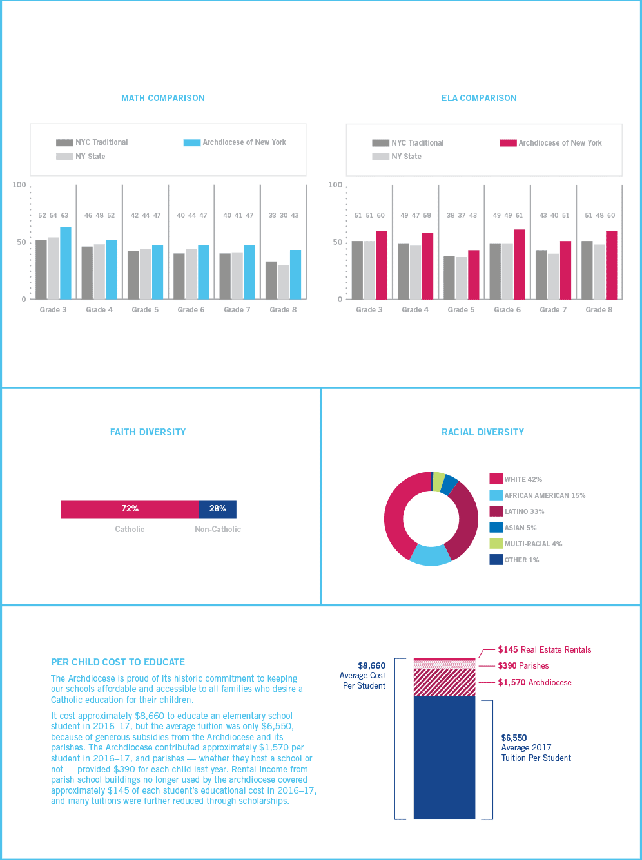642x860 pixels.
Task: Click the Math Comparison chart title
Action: (x=163, y=98)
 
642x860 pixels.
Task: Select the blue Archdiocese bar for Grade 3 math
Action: (x=66, y=263)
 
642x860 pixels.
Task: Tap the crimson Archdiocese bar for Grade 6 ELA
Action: (x=520, y=264)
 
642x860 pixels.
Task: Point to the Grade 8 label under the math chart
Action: (x=283, y=310)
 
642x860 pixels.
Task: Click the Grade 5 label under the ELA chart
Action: (x=461, y=310)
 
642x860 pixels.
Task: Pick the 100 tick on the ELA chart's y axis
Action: (x=335, y=185)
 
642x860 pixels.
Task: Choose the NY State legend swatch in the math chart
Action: (x=64, y=157)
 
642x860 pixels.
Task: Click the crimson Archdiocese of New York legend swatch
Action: (x=508, y=143)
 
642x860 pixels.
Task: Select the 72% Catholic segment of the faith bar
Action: (x=130, y=509)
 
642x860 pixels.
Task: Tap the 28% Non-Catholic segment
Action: (x=218, y=509)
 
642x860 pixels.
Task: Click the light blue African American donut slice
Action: (x=430, y=555)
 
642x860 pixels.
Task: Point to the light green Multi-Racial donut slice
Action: (x=439, y=481)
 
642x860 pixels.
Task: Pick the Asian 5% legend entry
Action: (x=513, y=528)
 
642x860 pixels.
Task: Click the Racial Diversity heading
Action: (x=482, y=432)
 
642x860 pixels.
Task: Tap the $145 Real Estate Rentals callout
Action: (x=544, y=650)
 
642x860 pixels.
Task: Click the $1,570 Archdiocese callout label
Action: (x=534, y=683)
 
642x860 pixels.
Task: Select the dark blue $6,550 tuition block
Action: (x=444, y=757)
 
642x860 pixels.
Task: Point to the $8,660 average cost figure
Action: (x=371, y=666)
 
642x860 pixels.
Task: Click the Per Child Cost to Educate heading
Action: (x=118, y=662)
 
